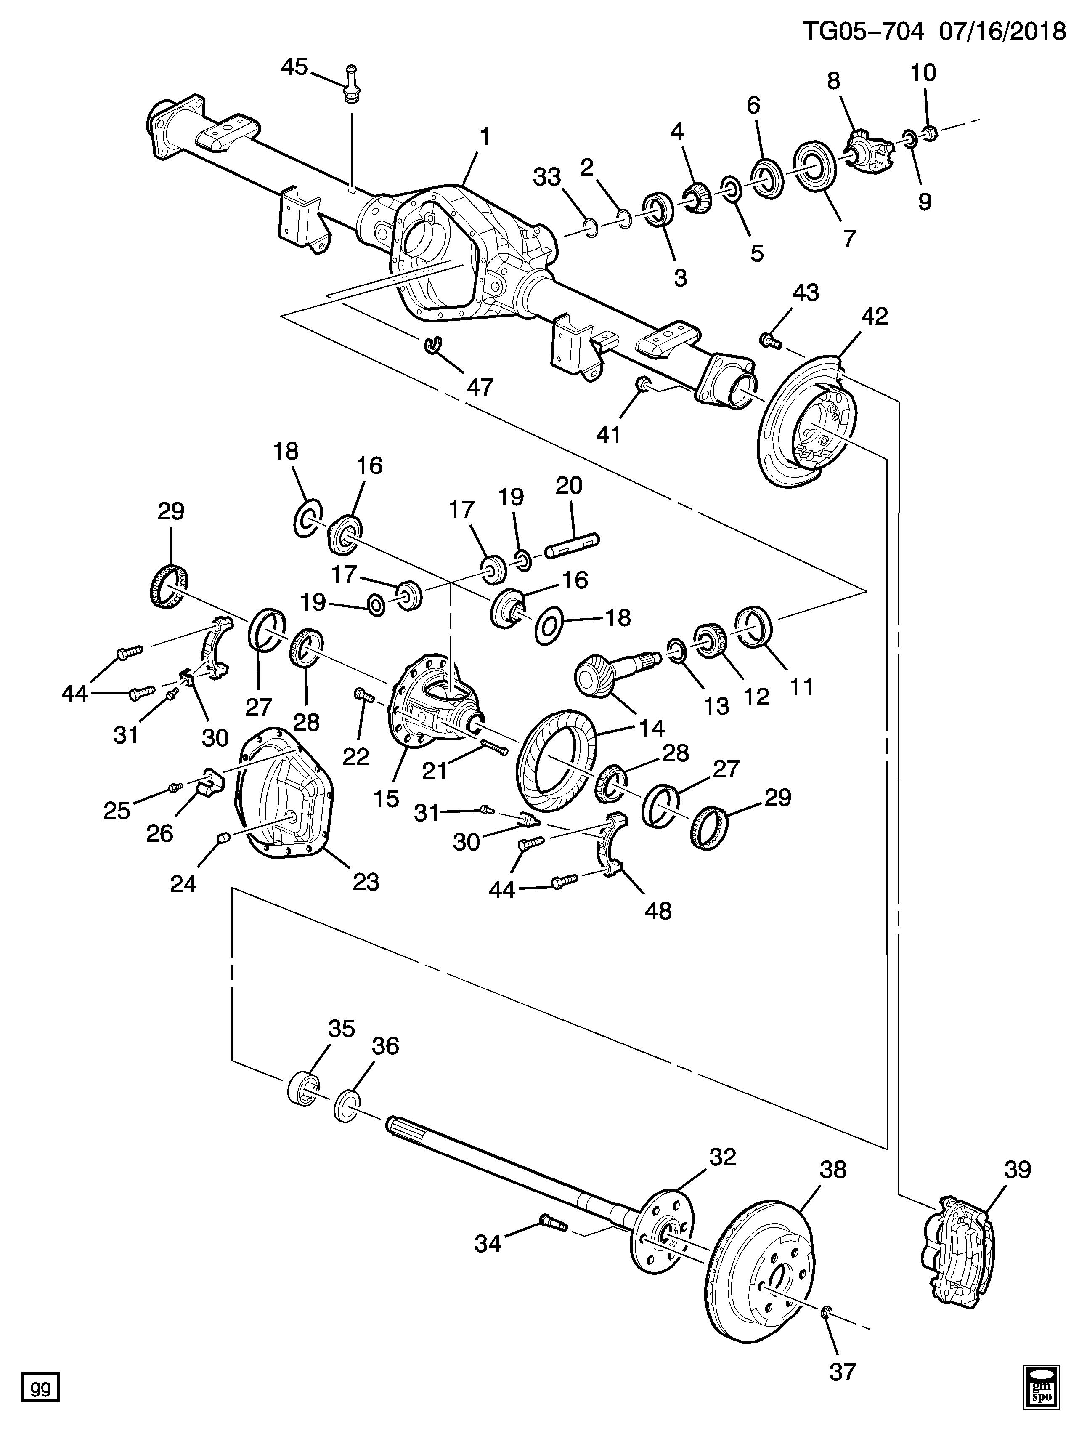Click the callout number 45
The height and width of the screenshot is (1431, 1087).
[294, 66]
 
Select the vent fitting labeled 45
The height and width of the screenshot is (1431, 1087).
[351, 84]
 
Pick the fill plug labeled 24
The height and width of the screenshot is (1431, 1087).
[223, 839]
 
